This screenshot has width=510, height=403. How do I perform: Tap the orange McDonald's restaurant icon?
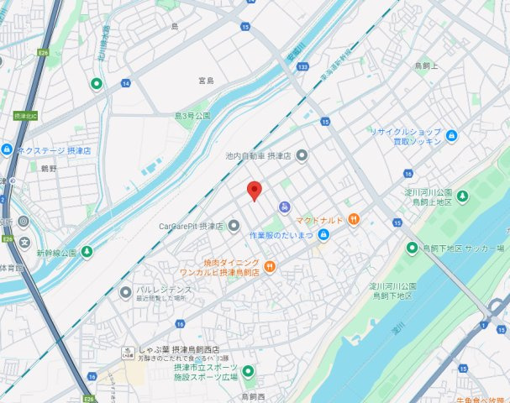coord(355,220)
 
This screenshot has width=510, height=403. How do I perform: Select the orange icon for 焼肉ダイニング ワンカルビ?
coord(270,267)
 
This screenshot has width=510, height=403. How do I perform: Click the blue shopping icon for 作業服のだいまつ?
coord(323,234)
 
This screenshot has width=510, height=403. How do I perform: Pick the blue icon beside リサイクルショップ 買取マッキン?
coord(452,136)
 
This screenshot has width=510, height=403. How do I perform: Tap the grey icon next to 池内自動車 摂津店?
coord(302,155)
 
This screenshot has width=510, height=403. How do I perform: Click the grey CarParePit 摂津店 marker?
coord(234,225)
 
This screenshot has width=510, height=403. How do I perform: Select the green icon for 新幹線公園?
coord(87,251)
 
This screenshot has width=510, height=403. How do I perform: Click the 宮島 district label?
coord(206,81)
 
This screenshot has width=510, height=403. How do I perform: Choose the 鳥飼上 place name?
coord(428,65)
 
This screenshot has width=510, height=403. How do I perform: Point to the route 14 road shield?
coord(125,82)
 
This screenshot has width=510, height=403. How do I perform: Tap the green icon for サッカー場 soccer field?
coord(412,248)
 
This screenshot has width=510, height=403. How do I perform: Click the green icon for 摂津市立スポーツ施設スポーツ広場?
coord(248,372)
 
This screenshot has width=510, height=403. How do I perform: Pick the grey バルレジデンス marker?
coord(124,293)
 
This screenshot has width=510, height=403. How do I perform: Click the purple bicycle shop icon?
coord(285,207)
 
